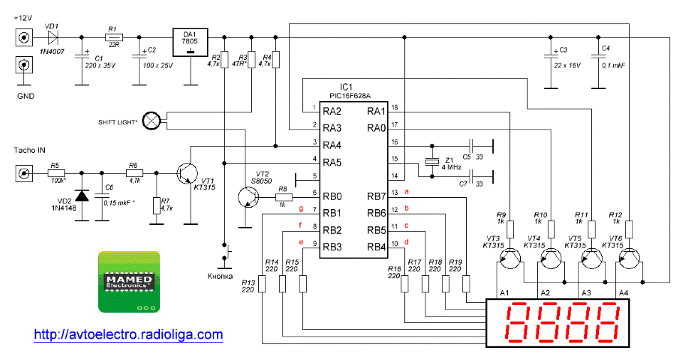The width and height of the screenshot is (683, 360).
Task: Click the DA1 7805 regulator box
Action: point(190,42)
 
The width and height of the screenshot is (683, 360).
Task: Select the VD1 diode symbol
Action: point(53,38)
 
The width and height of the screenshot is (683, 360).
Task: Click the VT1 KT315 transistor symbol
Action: point(187,173)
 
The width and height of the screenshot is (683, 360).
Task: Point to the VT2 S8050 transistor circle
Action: point(249,197)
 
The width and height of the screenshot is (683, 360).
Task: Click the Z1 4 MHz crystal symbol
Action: point(432,162)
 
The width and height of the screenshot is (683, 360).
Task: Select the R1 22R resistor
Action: point(114,38)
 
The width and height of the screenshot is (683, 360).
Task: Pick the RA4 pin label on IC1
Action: point(332,145)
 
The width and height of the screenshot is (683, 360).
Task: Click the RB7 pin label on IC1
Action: point(376,196)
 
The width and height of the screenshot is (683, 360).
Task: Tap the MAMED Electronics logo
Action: point(129,282)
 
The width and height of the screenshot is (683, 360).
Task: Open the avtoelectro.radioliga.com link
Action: point(129,334)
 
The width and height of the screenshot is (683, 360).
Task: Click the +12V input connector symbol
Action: point(23,38)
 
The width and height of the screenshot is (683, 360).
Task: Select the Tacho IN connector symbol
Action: point(23,174)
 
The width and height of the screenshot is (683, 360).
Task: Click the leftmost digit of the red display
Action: point(519,322)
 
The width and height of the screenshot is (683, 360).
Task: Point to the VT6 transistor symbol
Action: point(629,258)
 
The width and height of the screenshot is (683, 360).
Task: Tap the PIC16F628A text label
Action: point(350,96)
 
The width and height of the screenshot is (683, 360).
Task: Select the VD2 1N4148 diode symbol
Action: point(81,196)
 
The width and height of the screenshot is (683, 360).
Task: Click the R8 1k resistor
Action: point(284,197)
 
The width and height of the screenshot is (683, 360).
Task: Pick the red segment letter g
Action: point(300,208)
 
